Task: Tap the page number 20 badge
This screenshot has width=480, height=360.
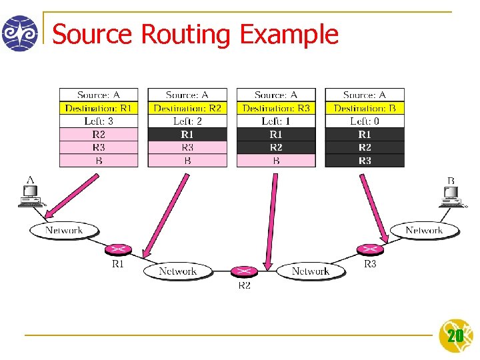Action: pyautogui.click(x=455, y=335)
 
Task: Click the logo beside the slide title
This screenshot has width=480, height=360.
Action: pyautogui.click(x=20, y=33)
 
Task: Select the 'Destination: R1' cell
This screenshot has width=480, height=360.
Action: pyautogui.click(x=99, y=108)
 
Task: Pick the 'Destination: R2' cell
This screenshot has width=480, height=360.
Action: pyautogui.click(x=187, y=108)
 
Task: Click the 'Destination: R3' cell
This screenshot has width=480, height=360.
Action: pyautogui.click(x=276, y=108)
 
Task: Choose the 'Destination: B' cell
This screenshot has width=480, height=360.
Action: pyautogui.click(x=365, y=108)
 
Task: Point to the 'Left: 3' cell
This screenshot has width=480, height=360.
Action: pyautogui.click(x=99, y=121)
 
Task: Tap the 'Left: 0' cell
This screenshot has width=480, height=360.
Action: pyautogui.click(x=365, y=121)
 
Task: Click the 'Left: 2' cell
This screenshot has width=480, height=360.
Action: pyautogui.click(x=187, y=121)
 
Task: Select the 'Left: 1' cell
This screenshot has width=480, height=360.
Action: pyautogui.click(x=276, y=121)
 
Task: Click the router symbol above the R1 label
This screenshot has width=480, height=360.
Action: pyautogui.click(x=117, y=250)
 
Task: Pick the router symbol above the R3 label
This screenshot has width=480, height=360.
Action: pyautogui.click(x=370, y=249)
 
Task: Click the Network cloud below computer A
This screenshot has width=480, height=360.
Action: pyautogui.click(x=64, y=231)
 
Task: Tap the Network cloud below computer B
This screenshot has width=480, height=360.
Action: pyautogui.click(x=424, y=231)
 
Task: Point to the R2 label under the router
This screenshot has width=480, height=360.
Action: pyautogui.click(x=245, y=285)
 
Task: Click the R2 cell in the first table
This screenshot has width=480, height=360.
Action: pyautogui.click(x=99, y=135)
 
